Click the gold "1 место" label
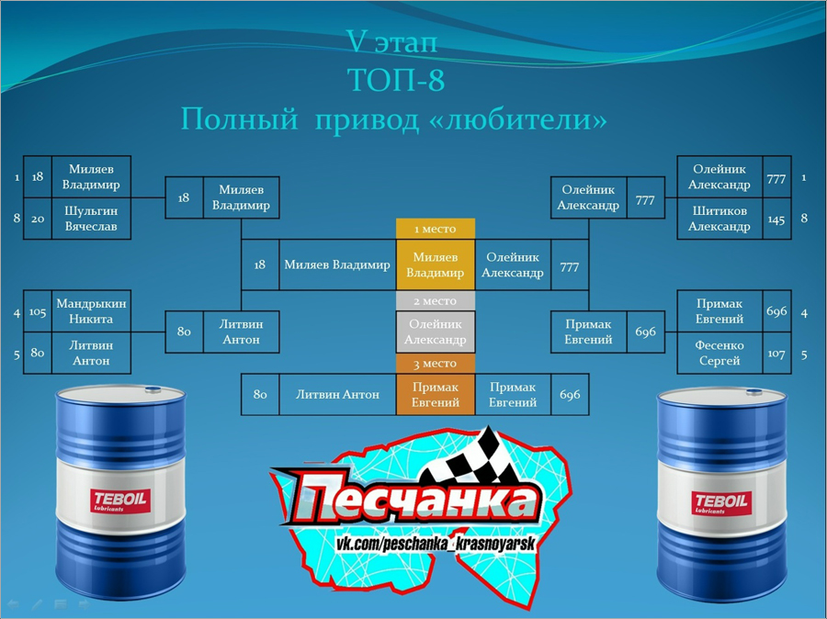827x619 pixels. pos(436,229)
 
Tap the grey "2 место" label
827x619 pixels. pos(436,301)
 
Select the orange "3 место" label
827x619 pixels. pos(436,364)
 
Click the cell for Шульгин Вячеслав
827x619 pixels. pos(91,219)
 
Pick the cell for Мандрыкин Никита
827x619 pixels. pos(91,311)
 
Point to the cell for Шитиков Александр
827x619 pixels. pos(719,219)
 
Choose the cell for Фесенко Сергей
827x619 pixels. pos(719,353)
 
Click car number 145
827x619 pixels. pos(776,219)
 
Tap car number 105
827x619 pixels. pos(38,311)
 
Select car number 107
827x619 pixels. pos(776,354)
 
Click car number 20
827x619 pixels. pos(38,219)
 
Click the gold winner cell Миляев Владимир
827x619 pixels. pos(436,264)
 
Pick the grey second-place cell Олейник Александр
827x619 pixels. pos(436,332)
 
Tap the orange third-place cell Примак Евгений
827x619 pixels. pos(436,394)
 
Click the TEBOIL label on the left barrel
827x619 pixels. pos(119,501)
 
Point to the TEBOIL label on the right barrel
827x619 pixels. pos(721,502)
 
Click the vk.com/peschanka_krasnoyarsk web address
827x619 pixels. pos(436,544)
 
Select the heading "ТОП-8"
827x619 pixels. pos(396,80)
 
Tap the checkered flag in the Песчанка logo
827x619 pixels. pos(470,457)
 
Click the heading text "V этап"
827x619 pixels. pos(391,41)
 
